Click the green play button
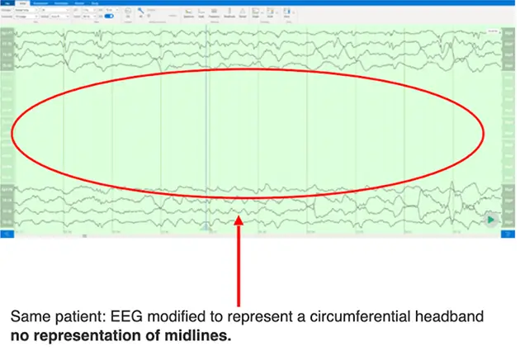[x=492, y=220]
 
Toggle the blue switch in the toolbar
[x=110, y=17]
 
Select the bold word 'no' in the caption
[x=19, y=336]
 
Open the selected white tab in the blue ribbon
[x=23, y=3]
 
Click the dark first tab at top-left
[x=7, y=3]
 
